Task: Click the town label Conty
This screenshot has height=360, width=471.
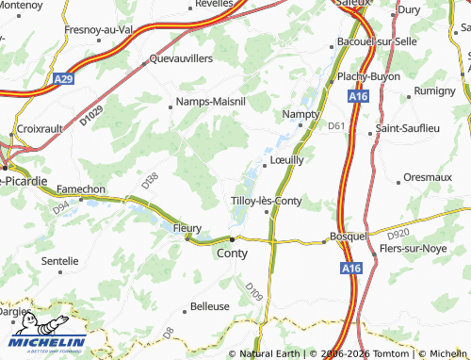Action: pos(233,254)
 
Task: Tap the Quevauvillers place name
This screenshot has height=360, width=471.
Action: pos(182,58)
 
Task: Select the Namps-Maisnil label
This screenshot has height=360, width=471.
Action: pos(211,103)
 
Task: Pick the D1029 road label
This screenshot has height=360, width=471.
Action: pos(91,118)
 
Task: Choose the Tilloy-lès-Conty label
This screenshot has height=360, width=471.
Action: pos(267,201)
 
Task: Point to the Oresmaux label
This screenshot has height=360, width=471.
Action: pos(429,176)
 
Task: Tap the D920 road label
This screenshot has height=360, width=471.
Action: pos(398,233)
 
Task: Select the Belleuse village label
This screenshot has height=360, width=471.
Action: pos(210,306)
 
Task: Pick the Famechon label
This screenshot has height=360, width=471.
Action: pos(81,188)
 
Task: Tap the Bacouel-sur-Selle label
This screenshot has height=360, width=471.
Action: pos(378,42)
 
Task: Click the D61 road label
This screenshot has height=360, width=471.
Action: pos(337,125)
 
